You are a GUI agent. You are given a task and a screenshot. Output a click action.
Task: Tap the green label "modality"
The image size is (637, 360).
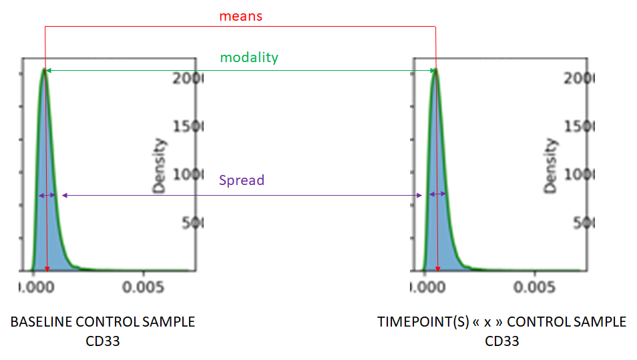(x=248, y=57)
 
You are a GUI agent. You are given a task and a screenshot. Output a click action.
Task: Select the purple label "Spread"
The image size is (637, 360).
(x=242, y=180)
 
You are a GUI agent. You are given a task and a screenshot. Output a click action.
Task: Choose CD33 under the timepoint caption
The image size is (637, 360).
(x=501, y=341)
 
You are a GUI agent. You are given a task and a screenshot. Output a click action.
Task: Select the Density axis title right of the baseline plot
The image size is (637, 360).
(x=159, y=165)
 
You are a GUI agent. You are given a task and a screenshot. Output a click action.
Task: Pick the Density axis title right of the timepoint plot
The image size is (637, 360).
(x=550, y=165)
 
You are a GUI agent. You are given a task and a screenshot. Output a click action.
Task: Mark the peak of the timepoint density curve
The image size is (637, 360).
(x=435, y=69)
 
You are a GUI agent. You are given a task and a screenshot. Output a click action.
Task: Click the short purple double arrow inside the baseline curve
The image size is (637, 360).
(x=47, y=195)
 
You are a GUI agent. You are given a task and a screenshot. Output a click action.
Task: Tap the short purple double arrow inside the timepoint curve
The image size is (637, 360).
(x=437, y=194)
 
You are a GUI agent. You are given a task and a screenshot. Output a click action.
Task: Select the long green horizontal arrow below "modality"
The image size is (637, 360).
(x=240, y=69)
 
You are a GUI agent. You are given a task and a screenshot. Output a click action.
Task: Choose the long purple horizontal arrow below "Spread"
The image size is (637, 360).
(x=242, y=195)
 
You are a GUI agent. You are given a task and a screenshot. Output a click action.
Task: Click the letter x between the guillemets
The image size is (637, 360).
(x=488, y=322)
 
